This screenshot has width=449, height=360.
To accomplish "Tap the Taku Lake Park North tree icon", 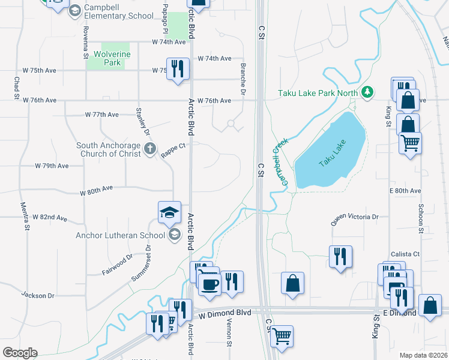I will (x=367, y=92).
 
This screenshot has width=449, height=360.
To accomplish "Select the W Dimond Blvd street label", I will (x=224, y=313).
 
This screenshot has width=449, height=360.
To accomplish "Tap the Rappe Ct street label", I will (x=173, y=150).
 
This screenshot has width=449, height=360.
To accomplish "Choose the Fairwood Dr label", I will (x=116, y=265).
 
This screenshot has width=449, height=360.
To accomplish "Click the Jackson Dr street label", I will (x=38, y=295).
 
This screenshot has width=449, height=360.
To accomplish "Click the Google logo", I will (x=19, y=352).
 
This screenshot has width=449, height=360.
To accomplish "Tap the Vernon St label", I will (x=229, y=333).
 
